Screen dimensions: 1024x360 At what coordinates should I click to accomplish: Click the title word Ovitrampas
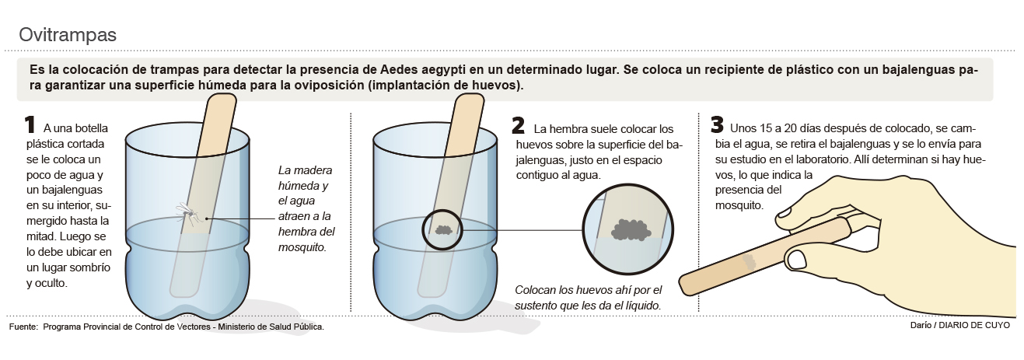tap(68, 35)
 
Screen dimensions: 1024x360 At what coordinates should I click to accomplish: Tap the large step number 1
tap(30, 125)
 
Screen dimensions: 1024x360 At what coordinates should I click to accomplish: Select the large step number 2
tap(519, 125)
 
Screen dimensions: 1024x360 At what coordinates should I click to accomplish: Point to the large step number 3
tap(717, 124)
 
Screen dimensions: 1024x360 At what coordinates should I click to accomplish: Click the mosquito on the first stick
tap(189, 213)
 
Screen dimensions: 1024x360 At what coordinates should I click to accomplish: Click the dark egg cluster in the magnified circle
tap(631, 229)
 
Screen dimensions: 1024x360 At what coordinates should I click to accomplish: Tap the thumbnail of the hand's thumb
tap(796, 260)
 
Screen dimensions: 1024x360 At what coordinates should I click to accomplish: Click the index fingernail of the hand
tap(785, 213)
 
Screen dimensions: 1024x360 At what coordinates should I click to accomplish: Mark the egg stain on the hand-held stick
tap(749, 261)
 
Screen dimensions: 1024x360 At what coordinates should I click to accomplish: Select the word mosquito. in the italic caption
tap(302, 247)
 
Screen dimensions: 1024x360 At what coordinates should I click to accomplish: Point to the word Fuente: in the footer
tap(23, 327)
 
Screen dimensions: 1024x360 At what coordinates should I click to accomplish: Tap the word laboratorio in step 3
tap(816, 159)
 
